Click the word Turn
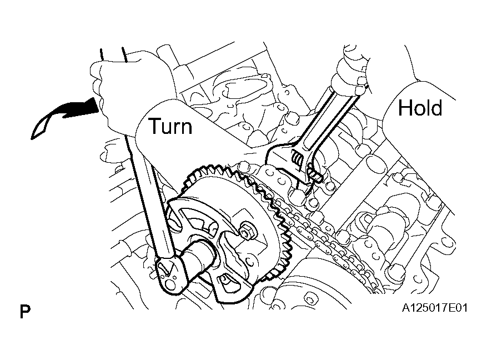pos(170,126)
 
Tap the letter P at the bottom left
pos(25,312)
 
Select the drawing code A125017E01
pos(434,308)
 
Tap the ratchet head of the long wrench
pos(170,273)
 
